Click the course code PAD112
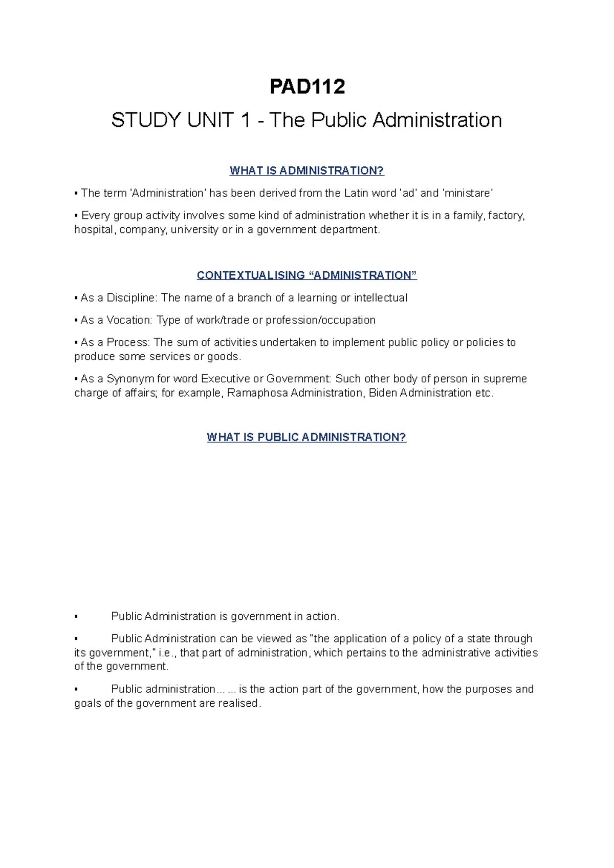[307, 87]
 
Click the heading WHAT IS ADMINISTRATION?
[306, 171]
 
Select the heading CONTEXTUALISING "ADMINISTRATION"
[306, 275]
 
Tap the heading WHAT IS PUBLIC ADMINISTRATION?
[306, 437]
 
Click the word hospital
[95, 230]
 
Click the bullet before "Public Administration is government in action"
[76, 617]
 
